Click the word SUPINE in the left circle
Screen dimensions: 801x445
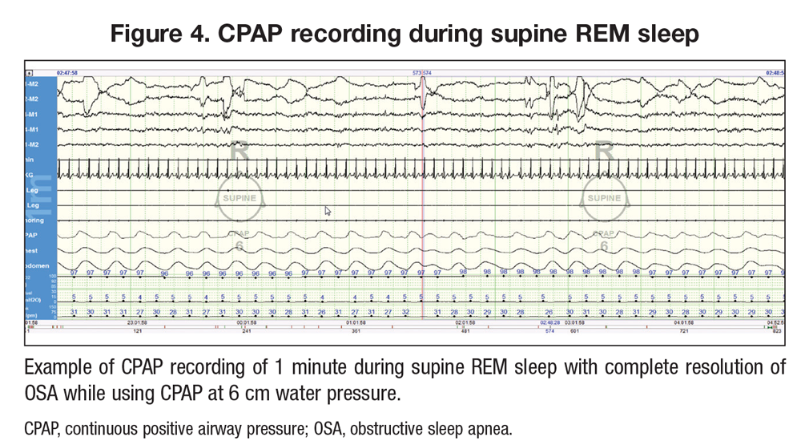point(239,198)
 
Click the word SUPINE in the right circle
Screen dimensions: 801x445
point(604,198)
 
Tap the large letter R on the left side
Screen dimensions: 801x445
point(239,150)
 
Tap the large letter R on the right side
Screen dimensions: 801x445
point(604,150)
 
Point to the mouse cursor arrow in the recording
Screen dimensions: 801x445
point(327,210)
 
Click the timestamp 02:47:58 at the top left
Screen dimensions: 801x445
point(67,73)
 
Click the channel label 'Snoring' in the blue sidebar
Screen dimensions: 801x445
point(35,220)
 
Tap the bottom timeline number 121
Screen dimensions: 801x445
point(137,330)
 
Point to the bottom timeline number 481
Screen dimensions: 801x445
point(464,330)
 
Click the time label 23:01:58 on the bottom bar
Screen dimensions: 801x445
point(137,322)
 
